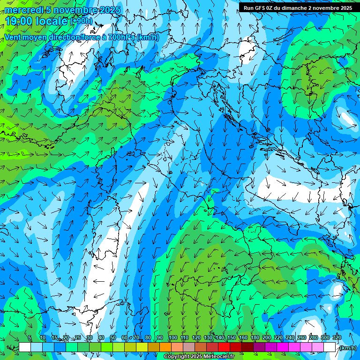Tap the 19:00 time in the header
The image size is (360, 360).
point(19,21)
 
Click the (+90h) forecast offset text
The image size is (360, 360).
point(81,21)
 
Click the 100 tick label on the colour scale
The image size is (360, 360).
point(172,338)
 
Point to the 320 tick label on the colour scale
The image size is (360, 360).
point(337,338)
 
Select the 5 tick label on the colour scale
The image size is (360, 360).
point(30,338)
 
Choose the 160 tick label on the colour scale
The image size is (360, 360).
point(243,338)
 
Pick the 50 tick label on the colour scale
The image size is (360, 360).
point(112,338)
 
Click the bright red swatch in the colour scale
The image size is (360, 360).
point(224,347)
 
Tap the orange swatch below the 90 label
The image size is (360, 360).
point(165,347)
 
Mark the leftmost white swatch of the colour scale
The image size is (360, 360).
point(25,347)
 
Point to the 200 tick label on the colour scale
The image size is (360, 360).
point(266,338)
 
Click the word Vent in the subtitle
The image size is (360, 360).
point(13,37)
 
